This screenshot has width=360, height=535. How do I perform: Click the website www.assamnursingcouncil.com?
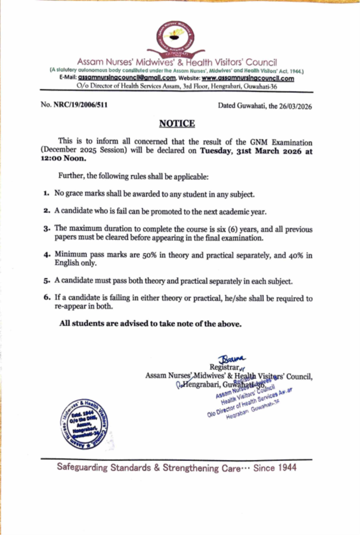coord(248,79)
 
